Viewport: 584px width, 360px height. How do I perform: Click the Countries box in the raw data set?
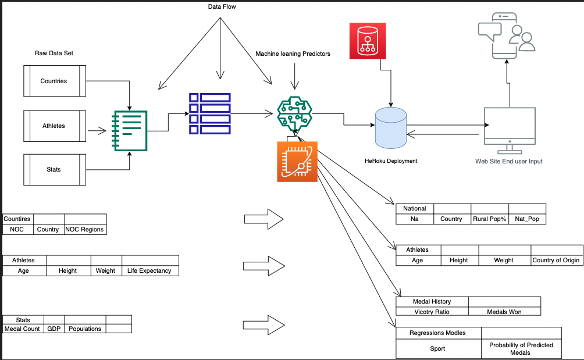point(54,81)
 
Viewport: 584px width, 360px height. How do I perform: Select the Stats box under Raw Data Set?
point(54,170)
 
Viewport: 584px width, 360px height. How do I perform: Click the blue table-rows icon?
point(209,113)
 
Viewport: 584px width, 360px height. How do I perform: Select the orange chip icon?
point(297,161)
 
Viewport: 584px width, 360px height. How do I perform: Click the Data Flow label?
point(222,6)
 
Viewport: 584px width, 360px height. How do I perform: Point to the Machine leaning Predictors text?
point(293,54)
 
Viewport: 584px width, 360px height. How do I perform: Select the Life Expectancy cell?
point(150,271)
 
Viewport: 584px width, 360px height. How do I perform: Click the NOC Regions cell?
point(85,229)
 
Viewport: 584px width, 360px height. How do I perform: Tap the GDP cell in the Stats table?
point(54,329)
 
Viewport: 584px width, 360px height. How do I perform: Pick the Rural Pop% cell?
point(489,219)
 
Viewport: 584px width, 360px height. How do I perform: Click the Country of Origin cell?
point(555,261)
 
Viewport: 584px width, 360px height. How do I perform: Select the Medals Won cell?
point(504,312)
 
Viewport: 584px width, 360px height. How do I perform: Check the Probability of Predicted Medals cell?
point(521,349)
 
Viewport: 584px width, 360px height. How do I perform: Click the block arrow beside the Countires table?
point(263,219)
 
